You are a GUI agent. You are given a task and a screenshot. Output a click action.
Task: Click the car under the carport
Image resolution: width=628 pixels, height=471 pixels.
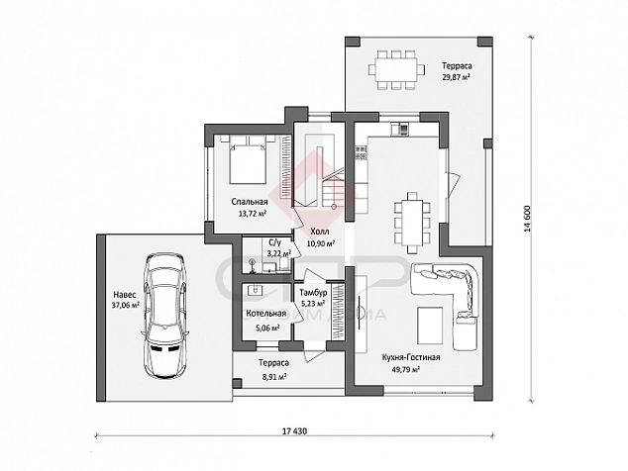[165, 316]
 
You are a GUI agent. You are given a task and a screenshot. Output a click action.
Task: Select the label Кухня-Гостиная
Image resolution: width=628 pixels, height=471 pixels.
[411, 357]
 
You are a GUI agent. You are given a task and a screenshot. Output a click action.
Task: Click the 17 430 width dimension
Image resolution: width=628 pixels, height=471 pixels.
[294, 431]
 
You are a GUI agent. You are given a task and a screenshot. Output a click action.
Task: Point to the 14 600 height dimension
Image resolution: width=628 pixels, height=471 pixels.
[527, 219]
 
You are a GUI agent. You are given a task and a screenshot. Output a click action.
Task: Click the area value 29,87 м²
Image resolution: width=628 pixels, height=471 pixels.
[456, 77]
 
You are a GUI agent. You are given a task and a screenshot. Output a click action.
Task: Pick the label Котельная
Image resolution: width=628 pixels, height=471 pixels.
[265, 314]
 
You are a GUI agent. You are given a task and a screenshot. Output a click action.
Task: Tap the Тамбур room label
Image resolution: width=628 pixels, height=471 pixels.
[313, 293]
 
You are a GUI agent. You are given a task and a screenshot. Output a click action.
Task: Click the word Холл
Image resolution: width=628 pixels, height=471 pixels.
[320, 232]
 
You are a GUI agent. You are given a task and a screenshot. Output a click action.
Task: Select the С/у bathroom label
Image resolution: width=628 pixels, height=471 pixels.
[274, 242]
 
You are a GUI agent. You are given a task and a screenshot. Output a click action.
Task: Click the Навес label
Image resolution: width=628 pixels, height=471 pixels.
[125, 295]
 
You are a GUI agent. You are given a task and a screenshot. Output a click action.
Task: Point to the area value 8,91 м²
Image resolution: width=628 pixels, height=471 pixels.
[273, 376]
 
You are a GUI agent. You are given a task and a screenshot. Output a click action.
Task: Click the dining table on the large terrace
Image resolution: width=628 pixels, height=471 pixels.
[396, 69]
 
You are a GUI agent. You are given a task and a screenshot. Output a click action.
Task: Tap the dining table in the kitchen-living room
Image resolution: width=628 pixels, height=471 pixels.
[412, 223]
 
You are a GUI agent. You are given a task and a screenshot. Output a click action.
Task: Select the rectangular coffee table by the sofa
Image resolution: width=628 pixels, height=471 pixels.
[430, 326]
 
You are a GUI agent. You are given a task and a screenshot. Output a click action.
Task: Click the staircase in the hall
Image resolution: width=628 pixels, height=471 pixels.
[320, 170]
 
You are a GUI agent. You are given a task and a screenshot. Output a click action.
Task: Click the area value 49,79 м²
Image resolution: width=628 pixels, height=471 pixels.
[406, 369]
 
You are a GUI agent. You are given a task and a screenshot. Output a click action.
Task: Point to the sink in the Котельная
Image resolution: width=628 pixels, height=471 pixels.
[254, 289]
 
